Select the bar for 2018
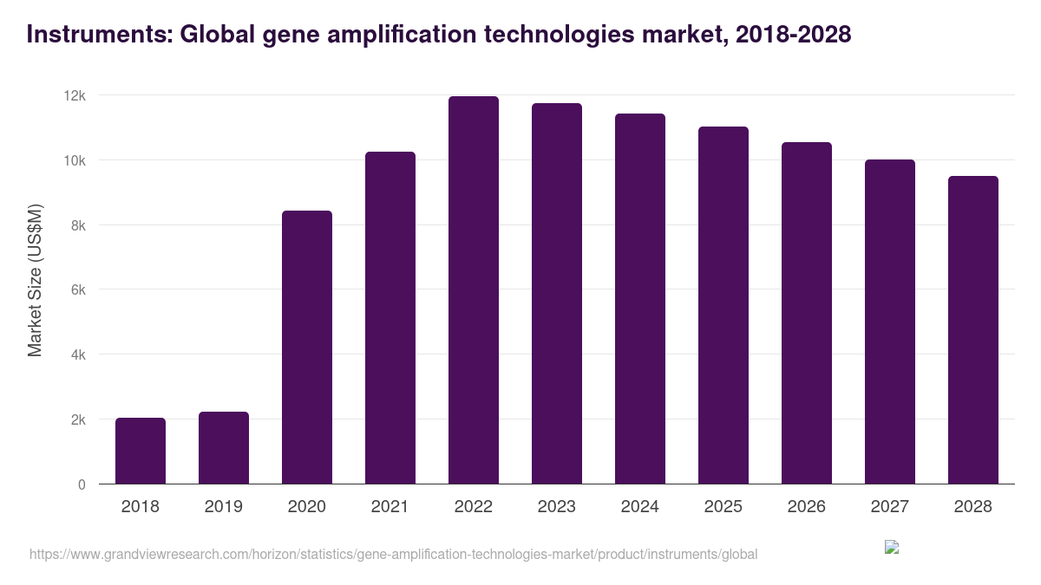(141, 451)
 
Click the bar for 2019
(224, 447)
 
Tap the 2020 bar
(307, 347)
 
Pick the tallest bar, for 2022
(474, 290)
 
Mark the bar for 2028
(973, 329)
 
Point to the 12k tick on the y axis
(75, 95)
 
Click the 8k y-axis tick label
(78, 225)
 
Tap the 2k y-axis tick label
(78, 419)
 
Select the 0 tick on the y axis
(82, 484)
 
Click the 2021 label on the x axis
(390, 507)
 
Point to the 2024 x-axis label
(640, 507)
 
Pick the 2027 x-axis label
(890, 507)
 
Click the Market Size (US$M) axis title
(35, 280)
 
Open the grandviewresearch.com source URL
(393, 554)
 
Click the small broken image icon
(892, 547)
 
